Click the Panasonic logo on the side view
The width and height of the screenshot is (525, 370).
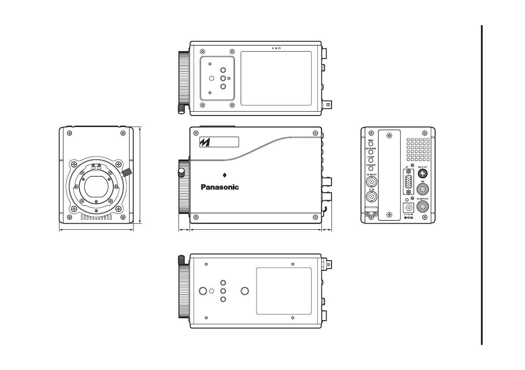(x=220, y=187)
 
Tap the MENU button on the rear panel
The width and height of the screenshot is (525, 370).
(x=371, y=144)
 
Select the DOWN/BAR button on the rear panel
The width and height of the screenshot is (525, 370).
(x=371, y=168)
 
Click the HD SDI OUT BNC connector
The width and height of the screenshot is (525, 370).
(x=372, y=182)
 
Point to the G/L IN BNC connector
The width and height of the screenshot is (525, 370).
(x=372, y=196)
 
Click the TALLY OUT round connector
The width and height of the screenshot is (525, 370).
(x=422, y=173)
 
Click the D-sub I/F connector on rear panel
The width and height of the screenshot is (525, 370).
(x=409, y=184)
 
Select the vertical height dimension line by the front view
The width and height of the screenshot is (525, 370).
(x=140, y=176)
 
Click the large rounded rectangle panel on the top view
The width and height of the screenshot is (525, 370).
(x=276, y=78)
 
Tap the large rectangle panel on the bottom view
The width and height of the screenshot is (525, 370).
(x=284, y=291)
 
